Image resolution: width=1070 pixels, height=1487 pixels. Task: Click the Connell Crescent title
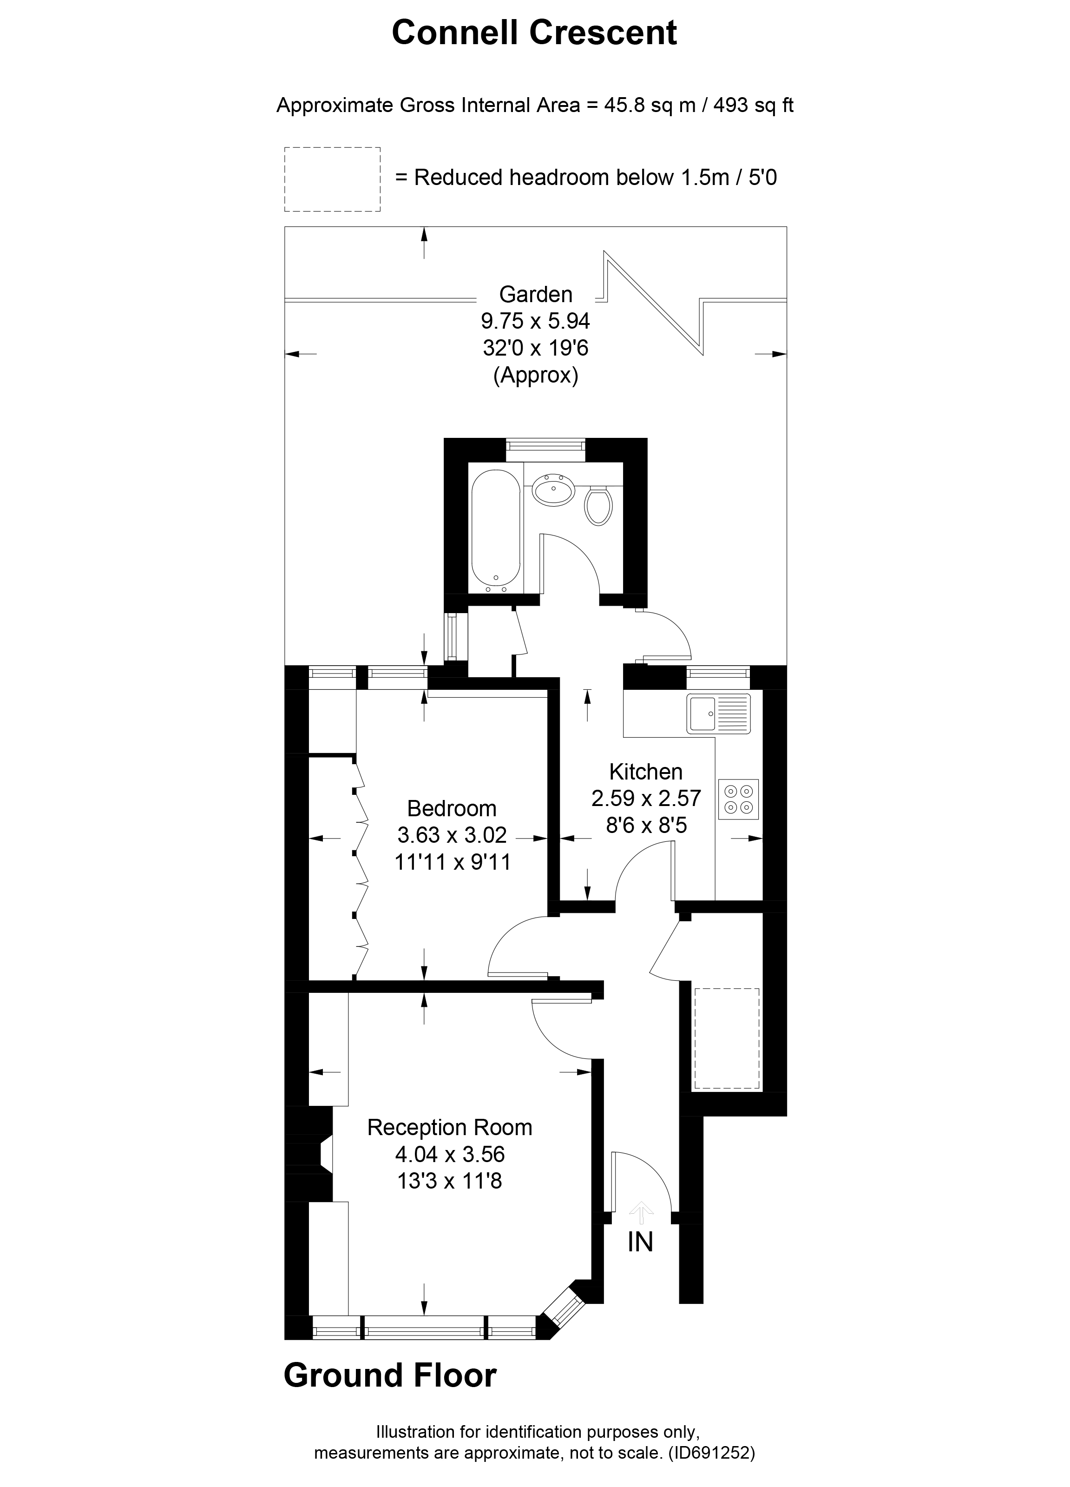tap(534, 33)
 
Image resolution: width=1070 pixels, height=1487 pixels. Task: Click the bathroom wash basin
tap(554, 489)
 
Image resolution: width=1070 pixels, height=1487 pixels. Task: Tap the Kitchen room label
tap(645, 771)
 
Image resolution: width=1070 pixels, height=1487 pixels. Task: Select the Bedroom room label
tap(452, 808)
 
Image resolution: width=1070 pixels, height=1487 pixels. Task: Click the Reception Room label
tap(449, 1127)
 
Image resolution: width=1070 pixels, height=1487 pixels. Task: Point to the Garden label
tap(535, 294)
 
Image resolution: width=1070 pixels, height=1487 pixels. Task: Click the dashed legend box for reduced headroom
tap(332, 179)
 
